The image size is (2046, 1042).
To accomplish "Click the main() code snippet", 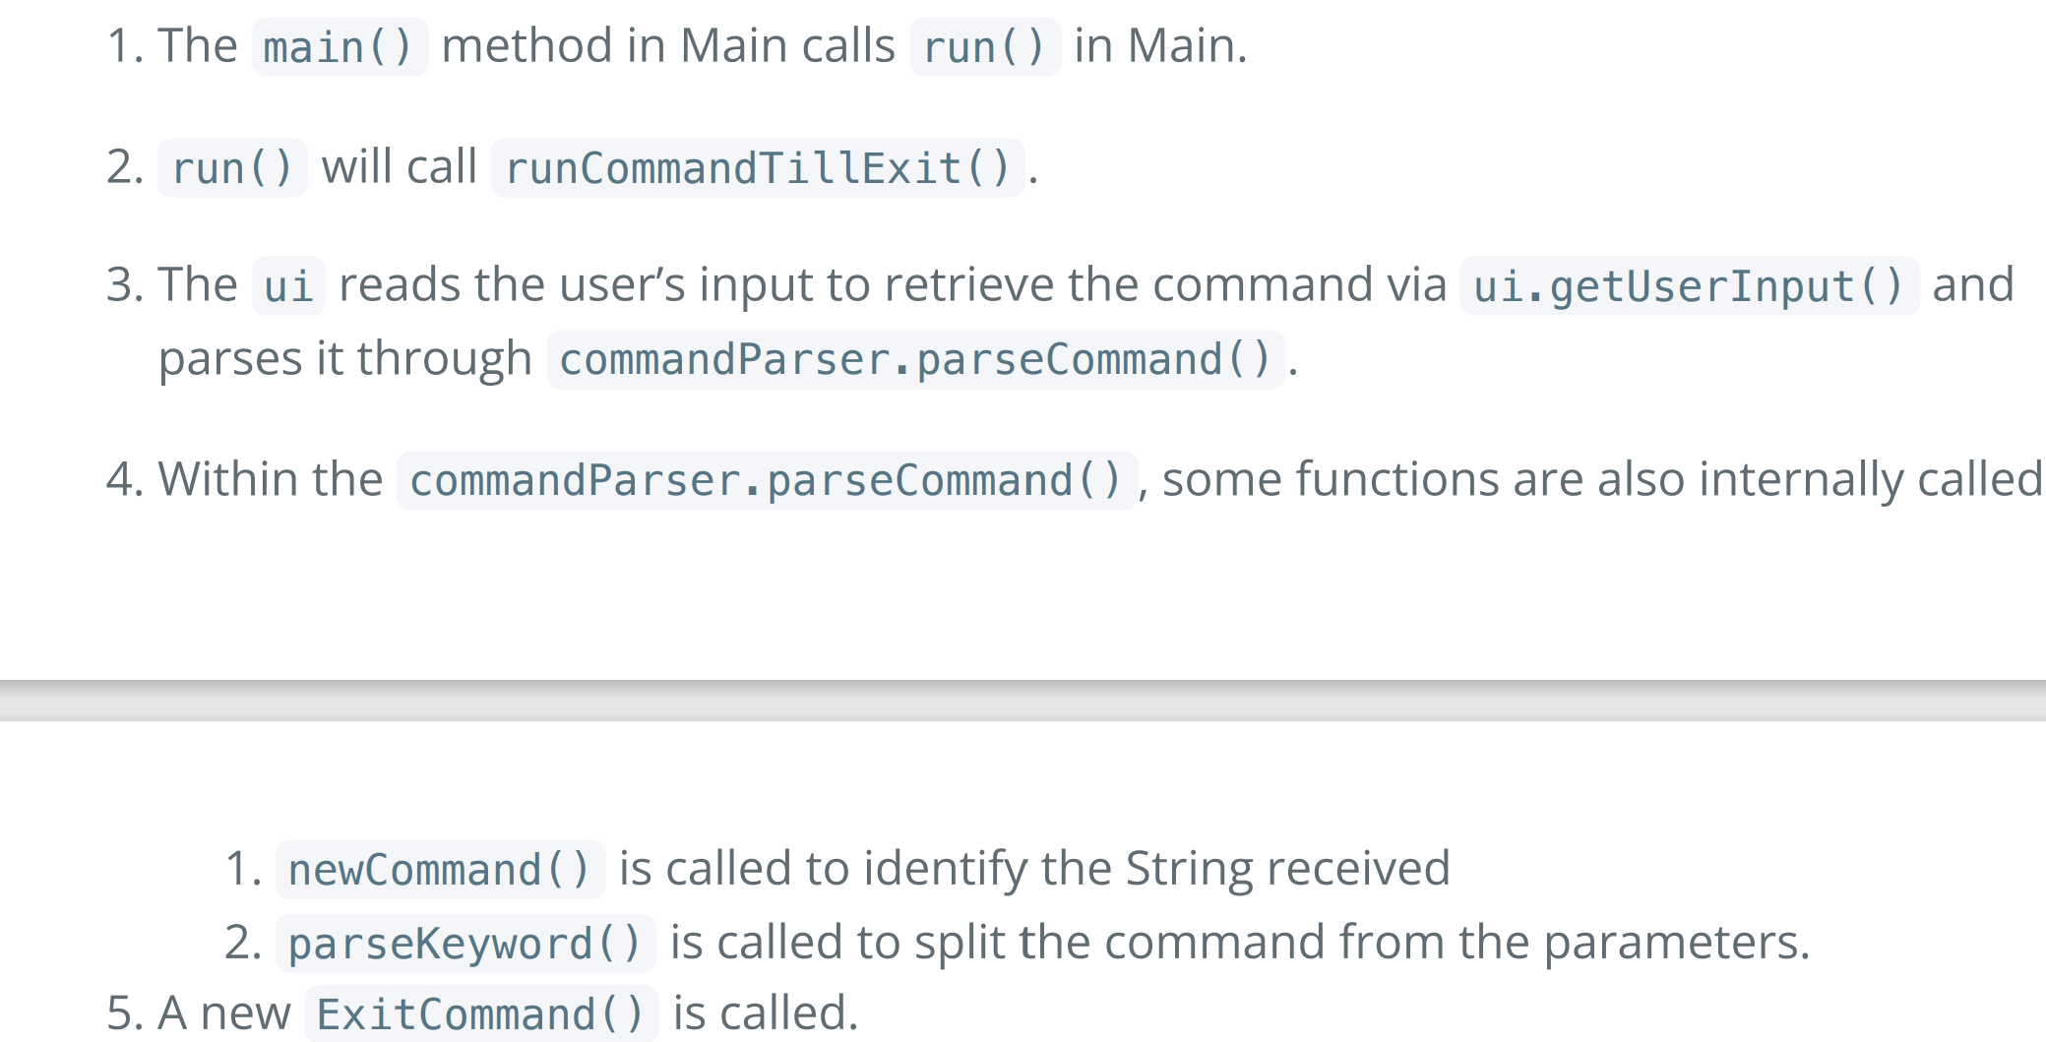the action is [340, 46].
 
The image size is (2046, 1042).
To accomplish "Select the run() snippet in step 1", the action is [984, 46].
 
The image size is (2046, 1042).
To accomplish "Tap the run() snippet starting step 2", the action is [232, 167].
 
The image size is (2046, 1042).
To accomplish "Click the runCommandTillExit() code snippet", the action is [758, 167].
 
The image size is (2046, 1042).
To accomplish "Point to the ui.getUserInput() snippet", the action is [1689, 285].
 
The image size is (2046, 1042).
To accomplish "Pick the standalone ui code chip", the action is [288, 285].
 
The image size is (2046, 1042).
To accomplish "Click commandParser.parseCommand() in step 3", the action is [915, 359].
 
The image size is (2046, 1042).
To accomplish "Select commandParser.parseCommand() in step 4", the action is [767, 480].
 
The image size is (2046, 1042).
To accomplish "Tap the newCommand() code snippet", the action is [440, 870].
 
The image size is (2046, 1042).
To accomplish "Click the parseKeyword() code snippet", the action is [465, 944].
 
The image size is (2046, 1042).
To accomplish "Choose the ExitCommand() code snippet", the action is [481, 1013].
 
